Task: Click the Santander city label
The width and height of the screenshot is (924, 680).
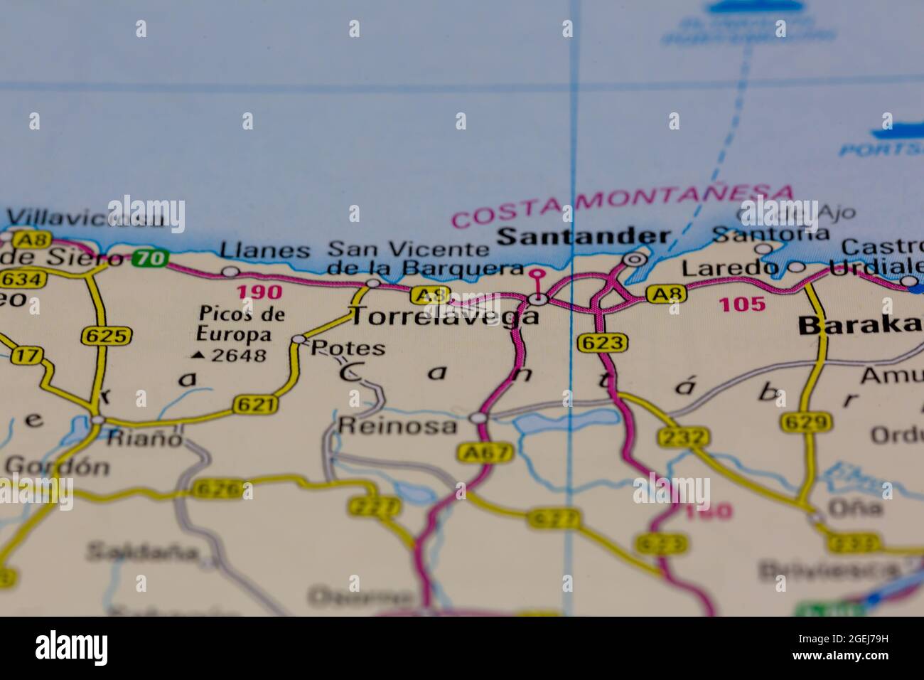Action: pos(583,237)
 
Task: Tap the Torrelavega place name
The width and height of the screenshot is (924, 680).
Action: pos(445,317)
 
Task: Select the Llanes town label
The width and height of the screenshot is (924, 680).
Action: pos(264,250)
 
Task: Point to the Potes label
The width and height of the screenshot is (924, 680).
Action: pos(348,349)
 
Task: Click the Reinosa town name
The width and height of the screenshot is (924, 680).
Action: pos(397,425)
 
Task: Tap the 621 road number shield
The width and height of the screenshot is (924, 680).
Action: pos(254,405)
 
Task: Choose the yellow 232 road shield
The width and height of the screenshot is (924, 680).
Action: pos(683,437)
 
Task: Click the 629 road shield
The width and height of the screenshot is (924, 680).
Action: pos(806,423)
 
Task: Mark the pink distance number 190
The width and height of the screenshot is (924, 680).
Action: pos(259,292)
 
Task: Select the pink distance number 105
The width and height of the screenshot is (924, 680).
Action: pos(742,304)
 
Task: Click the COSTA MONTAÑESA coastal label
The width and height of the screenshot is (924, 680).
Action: pos(622,205)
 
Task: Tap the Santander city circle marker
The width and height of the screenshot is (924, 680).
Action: pos(634,260)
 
